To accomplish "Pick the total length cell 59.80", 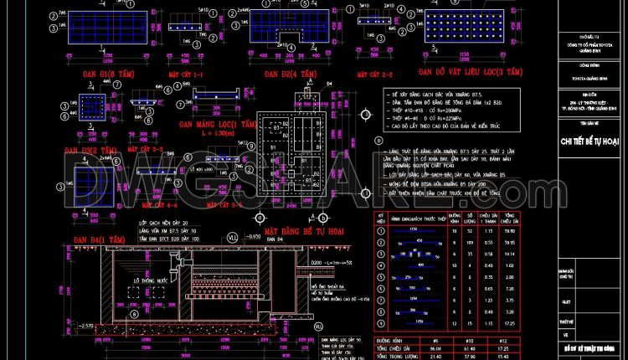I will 508,229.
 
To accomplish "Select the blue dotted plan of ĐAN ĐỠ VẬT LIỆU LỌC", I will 466,28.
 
